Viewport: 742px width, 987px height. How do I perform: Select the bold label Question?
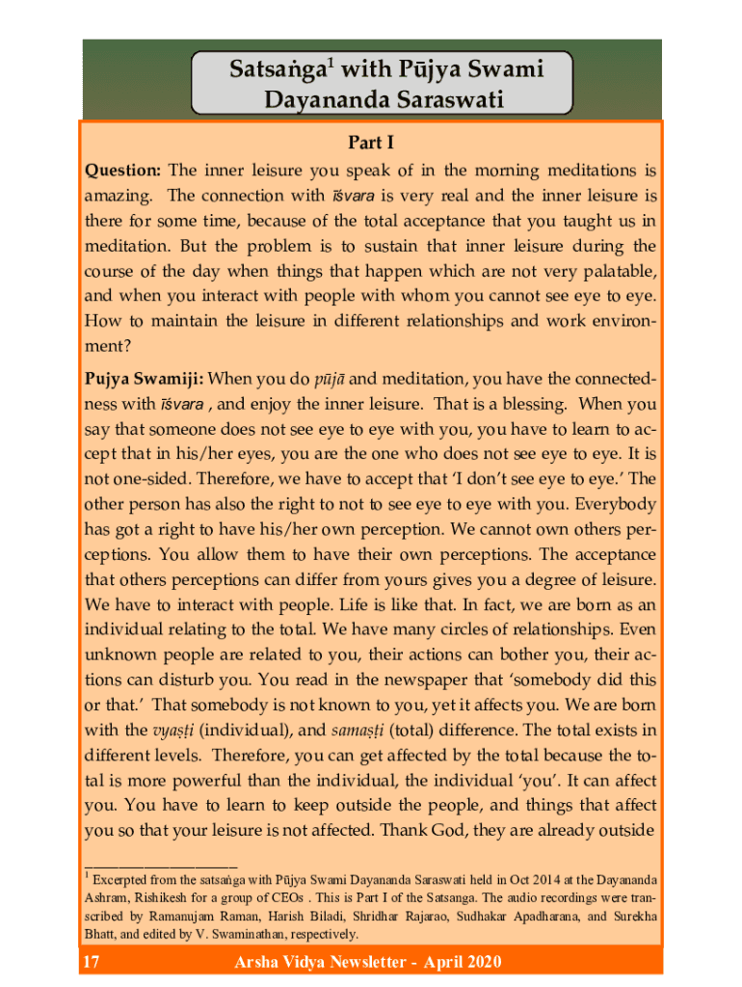[x=122, y=171]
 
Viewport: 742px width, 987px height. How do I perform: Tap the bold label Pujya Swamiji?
[x=144, y=379]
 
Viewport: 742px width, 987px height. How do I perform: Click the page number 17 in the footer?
[x=93, y=962]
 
